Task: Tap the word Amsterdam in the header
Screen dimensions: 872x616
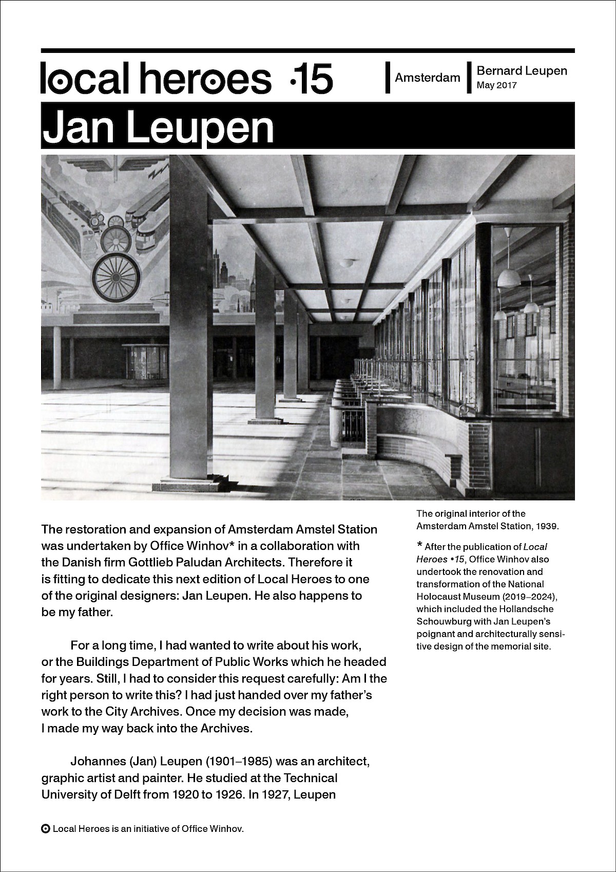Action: coord(428,78)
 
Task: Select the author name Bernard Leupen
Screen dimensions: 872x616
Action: coord(522,70)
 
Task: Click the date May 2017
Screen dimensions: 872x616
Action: coord(496,85)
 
